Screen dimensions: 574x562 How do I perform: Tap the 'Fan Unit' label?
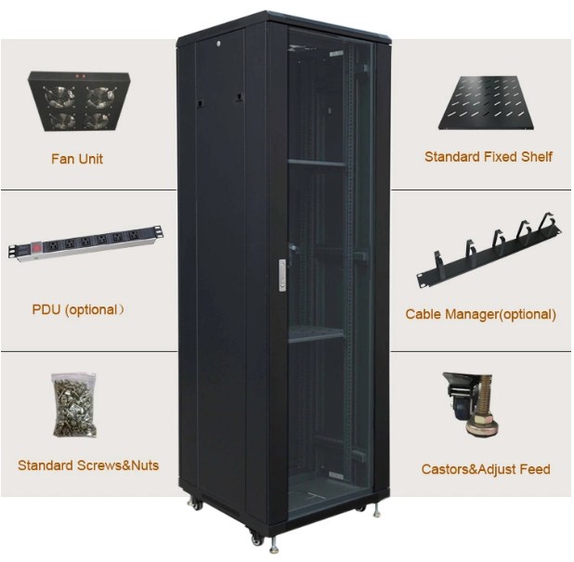point(76,159)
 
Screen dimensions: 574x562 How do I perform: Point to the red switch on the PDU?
point(38,248)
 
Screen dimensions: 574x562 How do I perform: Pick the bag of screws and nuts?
point(74,404)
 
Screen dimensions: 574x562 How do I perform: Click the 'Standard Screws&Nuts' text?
point(87,464)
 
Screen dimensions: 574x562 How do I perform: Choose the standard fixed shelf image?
point(489,100)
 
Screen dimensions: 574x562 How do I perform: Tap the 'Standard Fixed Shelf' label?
point(488,157)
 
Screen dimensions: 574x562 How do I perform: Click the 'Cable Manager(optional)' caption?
point(480,314)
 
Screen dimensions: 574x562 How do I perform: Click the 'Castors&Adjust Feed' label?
point(485,469)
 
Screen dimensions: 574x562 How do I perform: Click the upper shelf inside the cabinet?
point(316,163)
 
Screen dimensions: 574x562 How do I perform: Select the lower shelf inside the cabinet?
point(316,333)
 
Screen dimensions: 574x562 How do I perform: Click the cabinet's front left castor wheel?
point(255,537)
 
